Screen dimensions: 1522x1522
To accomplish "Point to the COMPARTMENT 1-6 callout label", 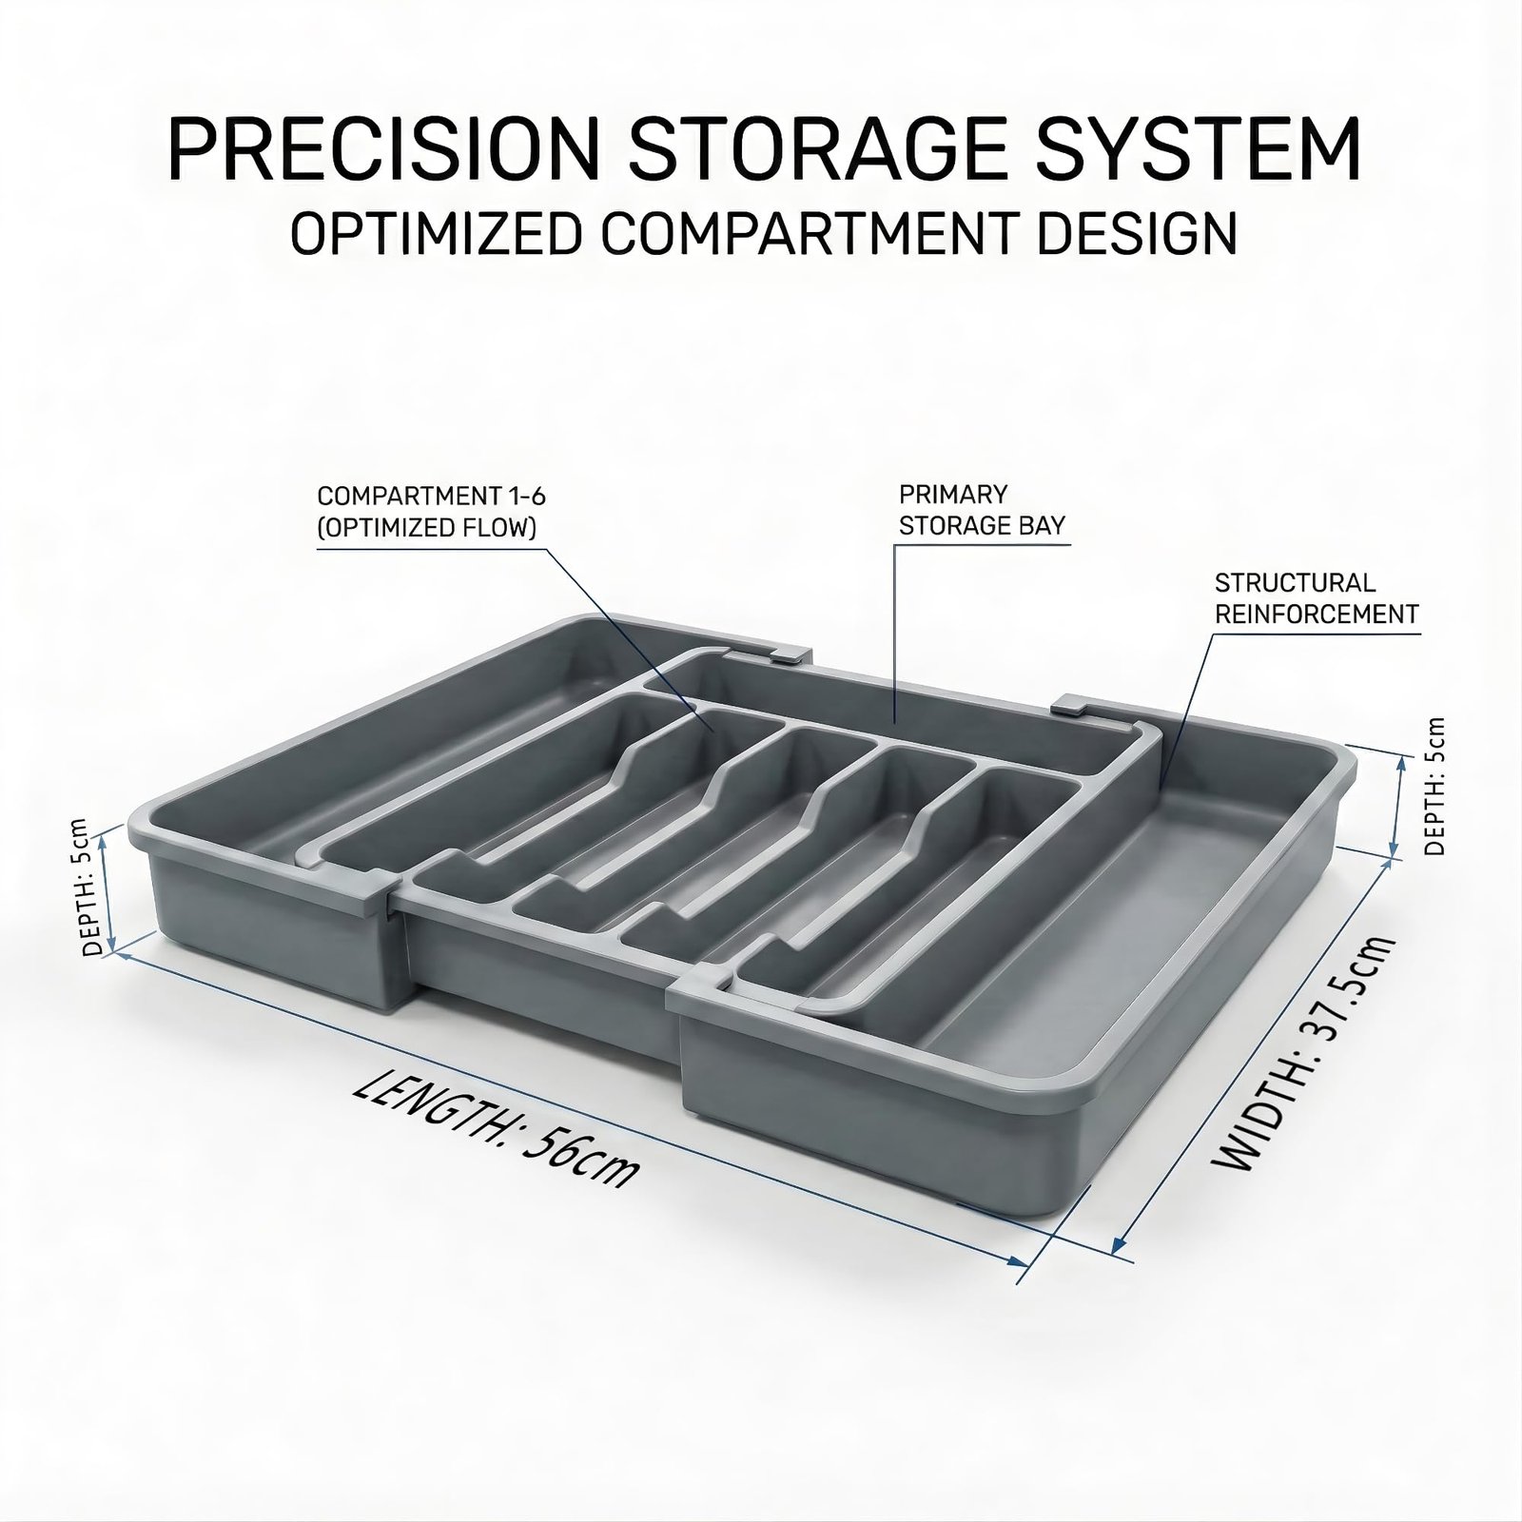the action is pos(431,512).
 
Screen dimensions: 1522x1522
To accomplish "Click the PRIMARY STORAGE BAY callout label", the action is pos(982,510).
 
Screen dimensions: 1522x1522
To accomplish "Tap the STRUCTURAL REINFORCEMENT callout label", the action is pos(1317,598).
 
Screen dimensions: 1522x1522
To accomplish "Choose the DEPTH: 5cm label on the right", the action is pos(1434,786).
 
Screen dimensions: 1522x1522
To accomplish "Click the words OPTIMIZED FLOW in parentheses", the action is pos(427,527).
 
